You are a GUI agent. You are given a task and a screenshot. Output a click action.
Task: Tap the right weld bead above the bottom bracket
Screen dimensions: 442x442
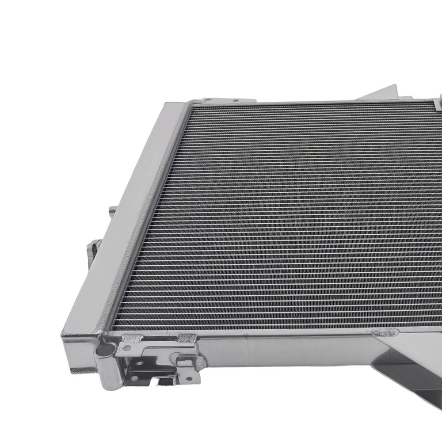coord(186,339)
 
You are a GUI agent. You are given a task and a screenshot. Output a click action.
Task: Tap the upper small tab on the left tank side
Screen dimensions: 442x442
coord(113,210)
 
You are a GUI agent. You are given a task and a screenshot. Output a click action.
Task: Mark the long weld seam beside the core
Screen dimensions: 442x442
coord(141,221)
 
